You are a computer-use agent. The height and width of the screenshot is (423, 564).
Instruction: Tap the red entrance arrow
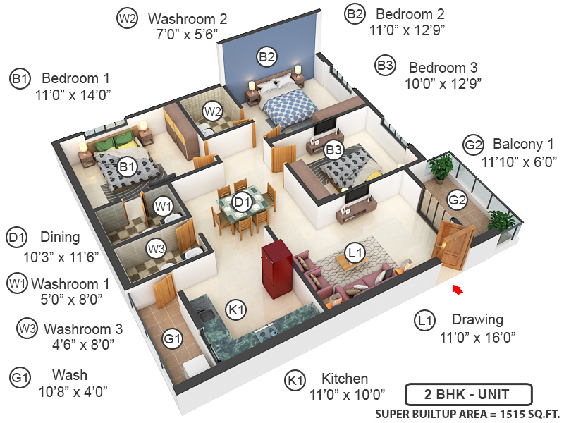pyautogui.click(x=458, y=289)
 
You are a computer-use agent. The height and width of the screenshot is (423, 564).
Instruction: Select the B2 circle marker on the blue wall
pyautogui.click(x=266, y=57)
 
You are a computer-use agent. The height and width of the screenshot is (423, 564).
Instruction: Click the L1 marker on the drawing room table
pyautogui.click(x=355, y=252)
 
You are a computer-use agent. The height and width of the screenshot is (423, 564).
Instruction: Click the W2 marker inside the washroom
pyautogui.click(x=213, y=111)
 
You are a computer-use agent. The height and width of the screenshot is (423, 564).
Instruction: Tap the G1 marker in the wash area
pyautogui.click(x=172, y=340)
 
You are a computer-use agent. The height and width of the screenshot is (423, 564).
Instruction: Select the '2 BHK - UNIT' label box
pyautogui.click(x=467, y=393)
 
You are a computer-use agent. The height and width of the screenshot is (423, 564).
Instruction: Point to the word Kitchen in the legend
pyautogui.click(x=345, y=379)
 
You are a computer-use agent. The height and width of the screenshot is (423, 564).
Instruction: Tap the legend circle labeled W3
pyautogui.click(x=27, y=328)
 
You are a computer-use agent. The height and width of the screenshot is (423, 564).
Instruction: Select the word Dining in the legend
pyautogui.click(x=60, y=238)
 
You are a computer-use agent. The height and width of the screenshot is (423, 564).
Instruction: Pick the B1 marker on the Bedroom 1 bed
pyautogui.click(x=127, y=167)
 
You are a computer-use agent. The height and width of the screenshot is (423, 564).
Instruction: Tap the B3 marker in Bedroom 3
pyautogui.click(x=333, y=149)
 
